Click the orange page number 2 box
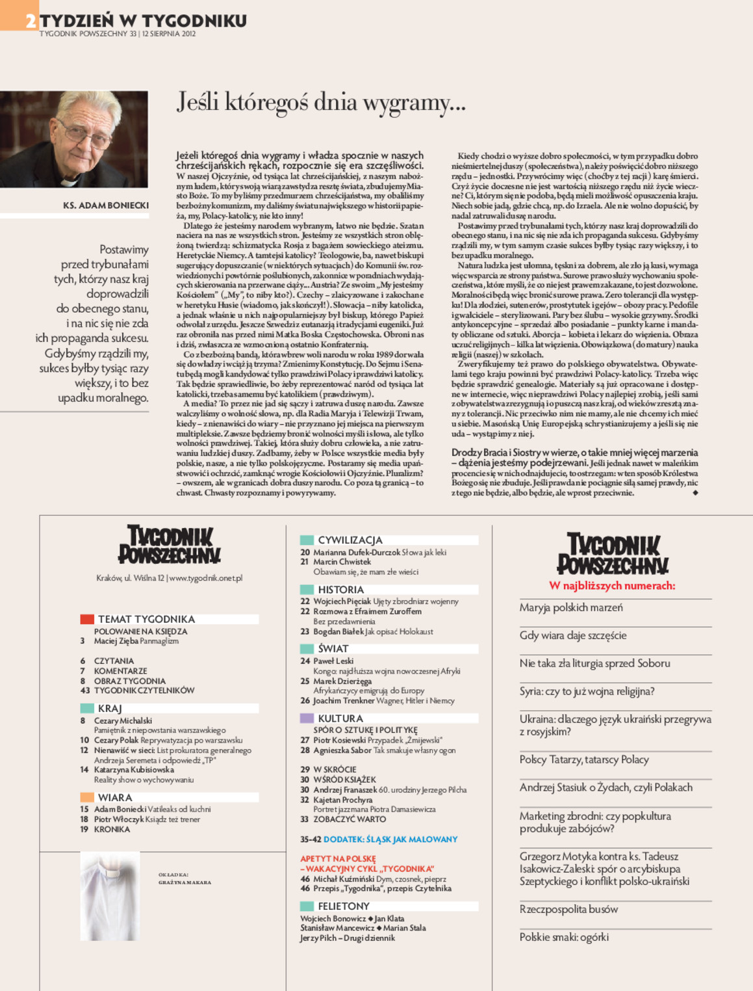(19, 16)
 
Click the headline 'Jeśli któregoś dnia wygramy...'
(321, 102)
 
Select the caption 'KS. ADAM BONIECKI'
(106, 205)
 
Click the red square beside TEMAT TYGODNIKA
(87, 619)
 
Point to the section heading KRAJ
(110, 708)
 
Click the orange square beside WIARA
(87, 797)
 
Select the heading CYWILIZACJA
(350, 540)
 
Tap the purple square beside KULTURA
(307, 719)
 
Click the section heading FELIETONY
(343, 906)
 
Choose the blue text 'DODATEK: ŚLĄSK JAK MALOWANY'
(390, 839)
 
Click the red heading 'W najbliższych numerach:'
(612, 586)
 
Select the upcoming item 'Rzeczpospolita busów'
(568, 909)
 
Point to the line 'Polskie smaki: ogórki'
(564, 937)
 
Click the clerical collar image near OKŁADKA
(110, 895)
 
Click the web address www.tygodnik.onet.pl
(205, 578)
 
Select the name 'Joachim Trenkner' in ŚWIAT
(344, 701)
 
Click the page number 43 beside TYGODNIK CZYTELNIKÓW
(84, 691)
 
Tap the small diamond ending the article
(695, 493)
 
